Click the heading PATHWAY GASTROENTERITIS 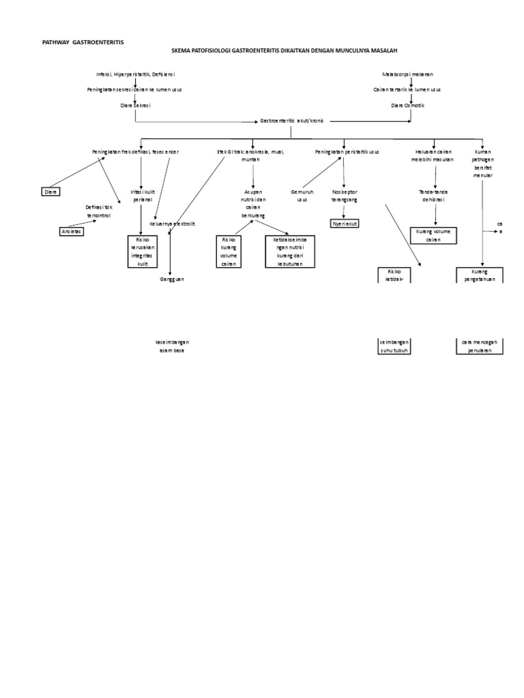point(84,42)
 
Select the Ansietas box point(70,231)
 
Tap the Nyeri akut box point(345,223)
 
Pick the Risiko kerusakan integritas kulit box point(147,251)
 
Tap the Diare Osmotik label point(407,106)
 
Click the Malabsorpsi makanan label point(408,74)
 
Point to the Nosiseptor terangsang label point(345,196)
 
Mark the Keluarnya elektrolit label point(169,223)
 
